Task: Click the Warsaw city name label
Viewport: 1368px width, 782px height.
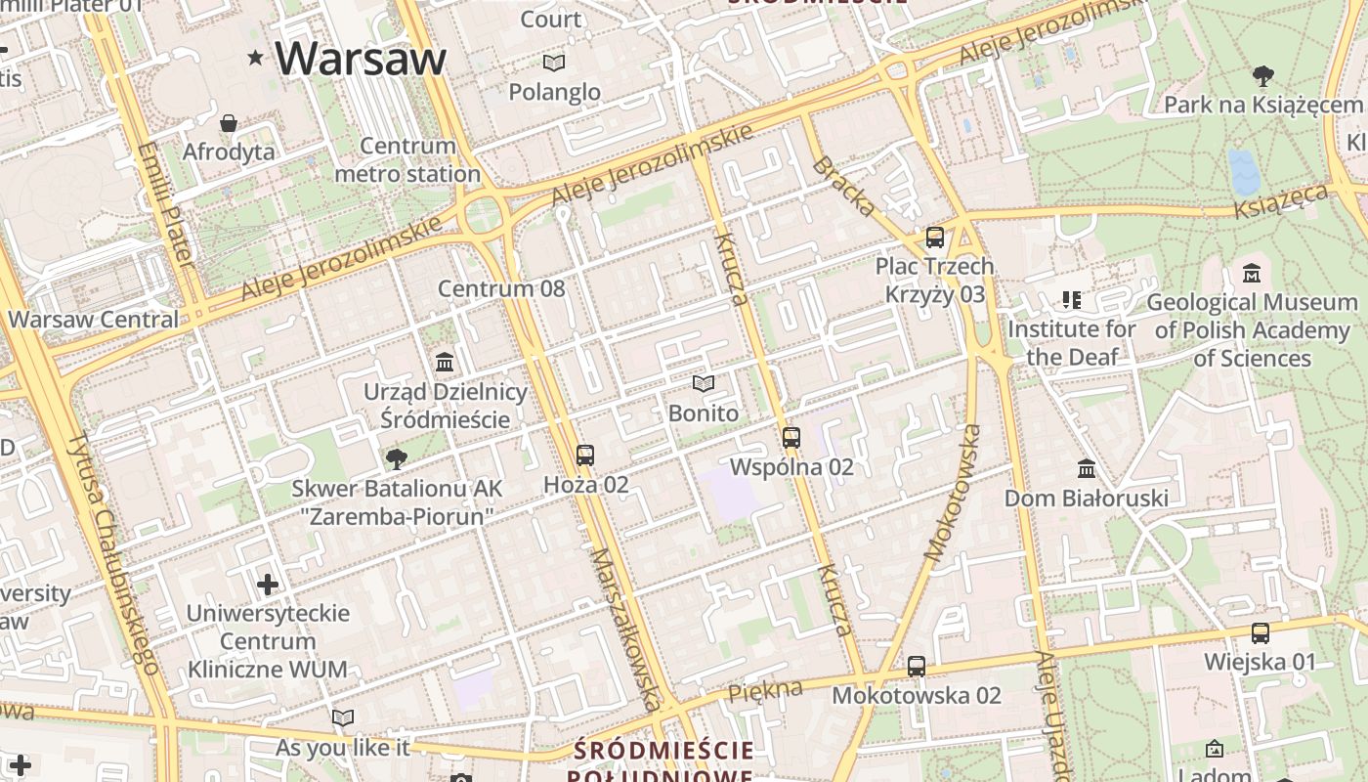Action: [361, 59]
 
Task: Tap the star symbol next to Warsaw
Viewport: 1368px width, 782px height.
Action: [256, 58]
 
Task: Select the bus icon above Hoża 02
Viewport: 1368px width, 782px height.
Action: [585, 456]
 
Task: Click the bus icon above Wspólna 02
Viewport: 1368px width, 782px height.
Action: [791, 438]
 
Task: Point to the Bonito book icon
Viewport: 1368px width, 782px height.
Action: [704, 384]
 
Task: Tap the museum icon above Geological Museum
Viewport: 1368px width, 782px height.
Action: [1252, 274]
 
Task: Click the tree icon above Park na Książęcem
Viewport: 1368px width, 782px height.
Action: [1263, 76]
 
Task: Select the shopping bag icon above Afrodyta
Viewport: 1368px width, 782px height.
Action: [229, 123]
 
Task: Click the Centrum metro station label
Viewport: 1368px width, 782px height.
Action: [407, 160]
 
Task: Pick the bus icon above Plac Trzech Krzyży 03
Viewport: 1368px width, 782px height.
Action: [935, 238]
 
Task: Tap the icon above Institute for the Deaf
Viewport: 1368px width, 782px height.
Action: [1072, 300]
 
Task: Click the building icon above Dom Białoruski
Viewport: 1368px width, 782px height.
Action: [1087, 469]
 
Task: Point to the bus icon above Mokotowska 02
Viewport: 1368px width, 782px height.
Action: [917, 667]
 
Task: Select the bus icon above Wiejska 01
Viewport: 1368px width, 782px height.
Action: [1261, 633]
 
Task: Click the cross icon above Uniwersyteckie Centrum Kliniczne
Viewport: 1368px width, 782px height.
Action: [268, 585]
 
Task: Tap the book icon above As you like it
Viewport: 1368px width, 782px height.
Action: [343, 718]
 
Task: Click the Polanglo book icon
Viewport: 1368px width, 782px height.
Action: [554, 64]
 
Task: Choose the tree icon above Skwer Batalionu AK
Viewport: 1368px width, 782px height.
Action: [397, 458]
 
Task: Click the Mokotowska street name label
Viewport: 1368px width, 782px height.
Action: [952, 495]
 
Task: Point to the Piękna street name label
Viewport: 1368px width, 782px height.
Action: [765, 689]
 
